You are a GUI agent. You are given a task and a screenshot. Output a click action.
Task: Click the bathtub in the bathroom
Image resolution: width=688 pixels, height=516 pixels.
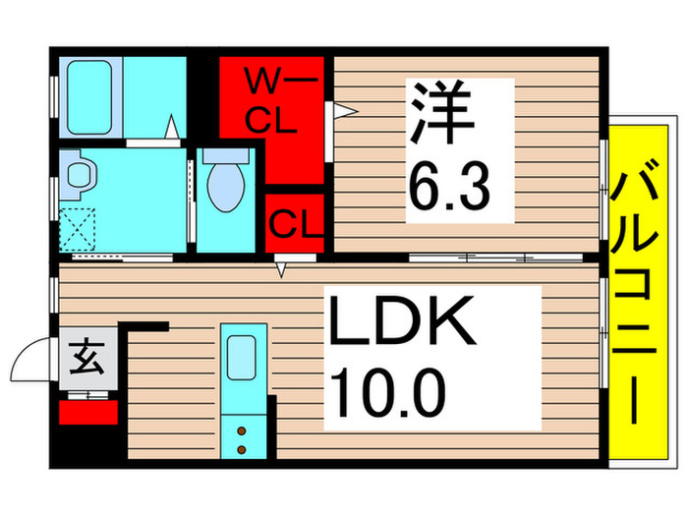coord(89,98)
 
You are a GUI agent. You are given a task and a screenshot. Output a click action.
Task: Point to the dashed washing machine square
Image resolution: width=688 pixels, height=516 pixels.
coord(78,230)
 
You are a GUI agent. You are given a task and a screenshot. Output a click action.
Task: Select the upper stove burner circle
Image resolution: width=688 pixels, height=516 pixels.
coord(240,429)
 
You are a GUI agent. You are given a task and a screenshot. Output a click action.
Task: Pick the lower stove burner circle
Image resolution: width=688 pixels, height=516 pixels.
coord(240,449)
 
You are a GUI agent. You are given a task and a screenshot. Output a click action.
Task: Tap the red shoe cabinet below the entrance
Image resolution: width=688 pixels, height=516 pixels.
coord(87,408)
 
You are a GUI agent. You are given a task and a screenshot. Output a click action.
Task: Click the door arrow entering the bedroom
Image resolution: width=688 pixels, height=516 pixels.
coord(342,111)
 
